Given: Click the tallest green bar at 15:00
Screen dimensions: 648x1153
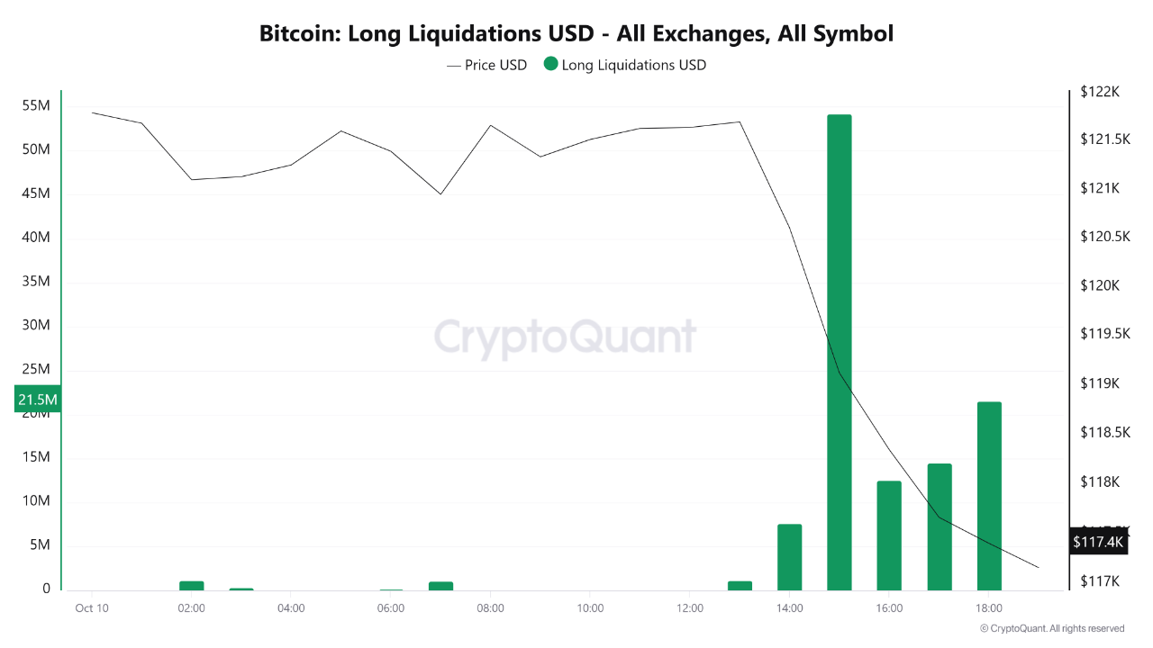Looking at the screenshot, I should point(839,352).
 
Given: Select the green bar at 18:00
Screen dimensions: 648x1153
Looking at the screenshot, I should point(989,496).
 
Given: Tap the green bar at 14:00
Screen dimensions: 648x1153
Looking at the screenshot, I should point(789,557).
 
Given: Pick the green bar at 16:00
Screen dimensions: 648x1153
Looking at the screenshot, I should point(889,535).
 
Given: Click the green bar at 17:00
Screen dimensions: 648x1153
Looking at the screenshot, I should point(940,526).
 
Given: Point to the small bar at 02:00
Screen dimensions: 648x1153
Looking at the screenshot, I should point(192,585).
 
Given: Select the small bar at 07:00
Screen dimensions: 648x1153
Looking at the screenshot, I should point(440,585).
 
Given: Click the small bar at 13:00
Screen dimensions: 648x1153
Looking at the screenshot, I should point(740,585).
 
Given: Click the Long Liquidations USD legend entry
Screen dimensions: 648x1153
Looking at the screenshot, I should point(625,65).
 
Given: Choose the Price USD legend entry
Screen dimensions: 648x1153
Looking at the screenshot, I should point(487,65).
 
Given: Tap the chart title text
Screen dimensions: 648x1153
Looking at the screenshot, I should point(576,34).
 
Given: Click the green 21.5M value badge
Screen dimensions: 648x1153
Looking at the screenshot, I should point(37,399).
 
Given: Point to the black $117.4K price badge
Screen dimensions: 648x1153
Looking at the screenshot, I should point(1098,542).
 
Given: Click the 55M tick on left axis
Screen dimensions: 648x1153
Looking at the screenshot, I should point(36,105).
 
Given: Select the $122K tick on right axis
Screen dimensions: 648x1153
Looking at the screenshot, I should point(1099,91).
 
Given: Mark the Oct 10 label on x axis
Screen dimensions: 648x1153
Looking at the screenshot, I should point(92,607).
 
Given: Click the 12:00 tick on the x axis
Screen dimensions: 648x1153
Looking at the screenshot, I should point(689,607).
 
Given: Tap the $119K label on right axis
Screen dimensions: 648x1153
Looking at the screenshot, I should point(1099,383).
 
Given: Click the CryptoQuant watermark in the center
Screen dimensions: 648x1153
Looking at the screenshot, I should point(565,337).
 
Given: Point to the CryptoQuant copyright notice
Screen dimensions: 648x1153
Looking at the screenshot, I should point(1051,628).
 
